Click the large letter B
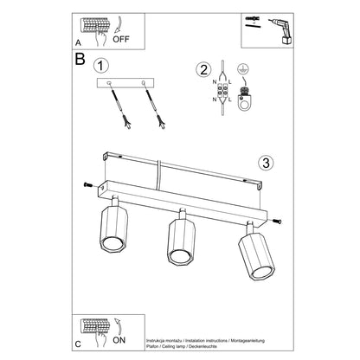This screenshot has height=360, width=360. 80,62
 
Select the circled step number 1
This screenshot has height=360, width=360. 103,66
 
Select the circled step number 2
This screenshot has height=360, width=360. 204,71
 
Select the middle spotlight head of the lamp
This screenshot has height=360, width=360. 180,241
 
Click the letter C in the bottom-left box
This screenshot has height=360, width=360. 80,344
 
